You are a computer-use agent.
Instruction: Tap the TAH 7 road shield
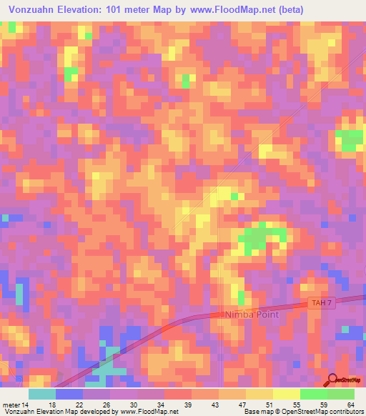322,304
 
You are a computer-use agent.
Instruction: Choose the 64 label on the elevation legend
350,404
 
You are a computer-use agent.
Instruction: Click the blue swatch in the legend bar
69,394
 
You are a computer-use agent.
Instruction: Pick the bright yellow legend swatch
287,394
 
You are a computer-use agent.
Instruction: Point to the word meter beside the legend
11,404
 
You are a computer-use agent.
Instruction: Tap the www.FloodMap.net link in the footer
149,412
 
